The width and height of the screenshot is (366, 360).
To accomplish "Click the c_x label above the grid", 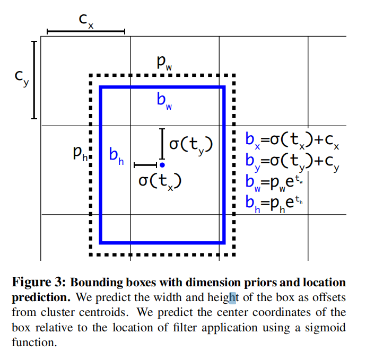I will pos(85,21).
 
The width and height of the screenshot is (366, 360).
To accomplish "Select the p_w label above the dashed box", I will pos(164,62).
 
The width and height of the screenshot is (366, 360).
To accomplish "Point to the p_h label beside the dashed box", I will pos(82,154).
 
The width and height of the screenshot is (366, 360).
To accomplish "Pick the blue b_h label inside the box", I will pos(116,155).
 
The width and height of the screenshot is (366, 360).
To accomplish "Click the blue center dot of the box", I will pos(162,165).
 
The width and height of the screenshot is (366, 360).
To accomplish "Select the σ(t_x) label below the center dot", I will pos(160,181).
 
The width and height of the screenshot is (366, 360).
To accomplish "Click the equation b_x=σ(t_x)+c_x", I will pos(292,140).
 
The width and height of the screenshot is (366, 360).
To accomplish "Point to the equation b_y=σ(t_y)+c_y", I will pos(292,160).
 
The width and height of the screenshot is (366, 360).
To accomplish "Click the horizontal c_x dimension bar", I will pos(85,32).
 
